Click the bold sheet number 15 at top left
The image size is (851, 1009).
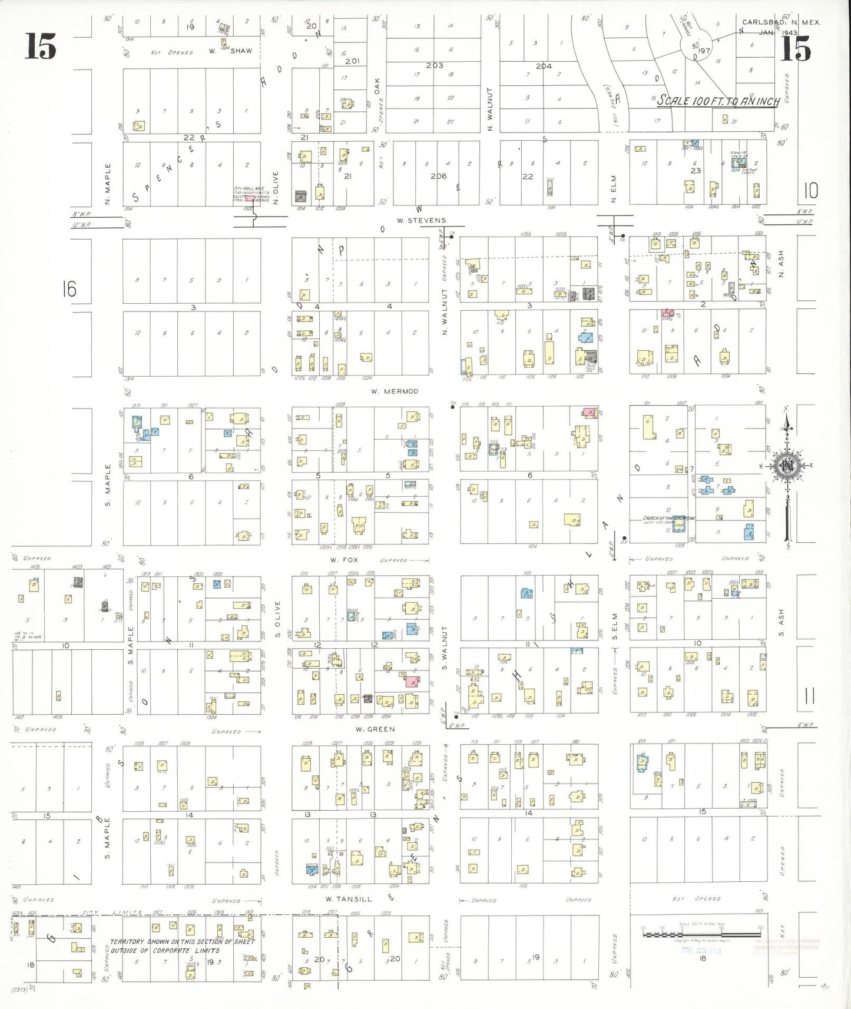[x=41, y=47]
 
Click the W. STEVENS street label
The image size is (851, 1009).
[x=421, y=220]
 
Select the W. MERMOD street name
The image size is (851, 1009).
[x=395, y=391]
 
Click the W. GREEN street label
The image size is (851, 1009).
[x=375, y=729]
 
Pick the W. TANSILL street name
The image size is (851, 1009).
[x=349, y=899]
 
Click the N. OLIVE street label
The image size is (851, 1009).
[x=276, y=188]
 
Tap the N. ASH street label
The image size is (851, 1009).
[x=782, y=264]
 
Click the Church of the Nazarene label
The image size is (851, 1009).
[x=668, y=518]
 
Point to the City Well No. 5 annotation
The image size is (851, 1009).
[x=252, y=194]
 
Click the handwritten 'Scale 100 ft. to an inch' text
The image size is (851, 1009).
[x=718, y=101]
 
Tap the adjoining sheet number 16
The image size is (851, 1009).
[x=69, y=289]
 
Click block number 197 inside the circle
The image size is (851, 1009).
[x=703, y=51]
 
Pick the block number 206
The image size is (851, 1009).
[x=438, y=176]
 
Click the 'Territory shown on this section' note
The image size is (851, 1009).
[x=183, y=946]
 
